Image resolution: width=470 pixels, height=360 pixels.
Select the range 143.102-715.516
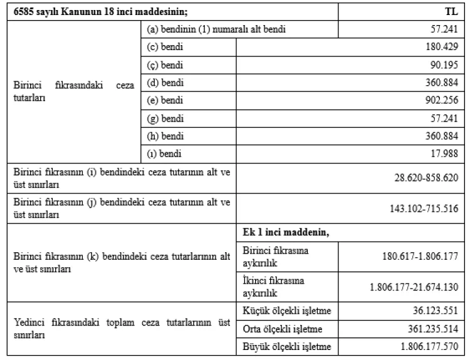(x=423, y=208)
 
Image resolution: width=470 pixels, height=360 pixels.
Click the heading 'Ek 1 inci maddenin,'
(x=286, y=232)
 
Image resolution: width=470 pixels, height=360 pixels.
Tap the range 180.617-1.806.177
(x=420, y=256)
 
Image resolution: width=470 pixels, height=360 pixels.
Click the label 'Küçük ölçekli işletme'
(x=286, y=311)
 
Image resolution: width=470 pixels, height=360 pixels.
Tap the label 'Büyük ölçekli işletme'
(x=287, y=346)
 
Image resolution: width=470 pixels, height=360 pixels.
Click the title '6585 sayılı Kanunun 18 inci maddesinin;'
(x=85, y=12)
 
